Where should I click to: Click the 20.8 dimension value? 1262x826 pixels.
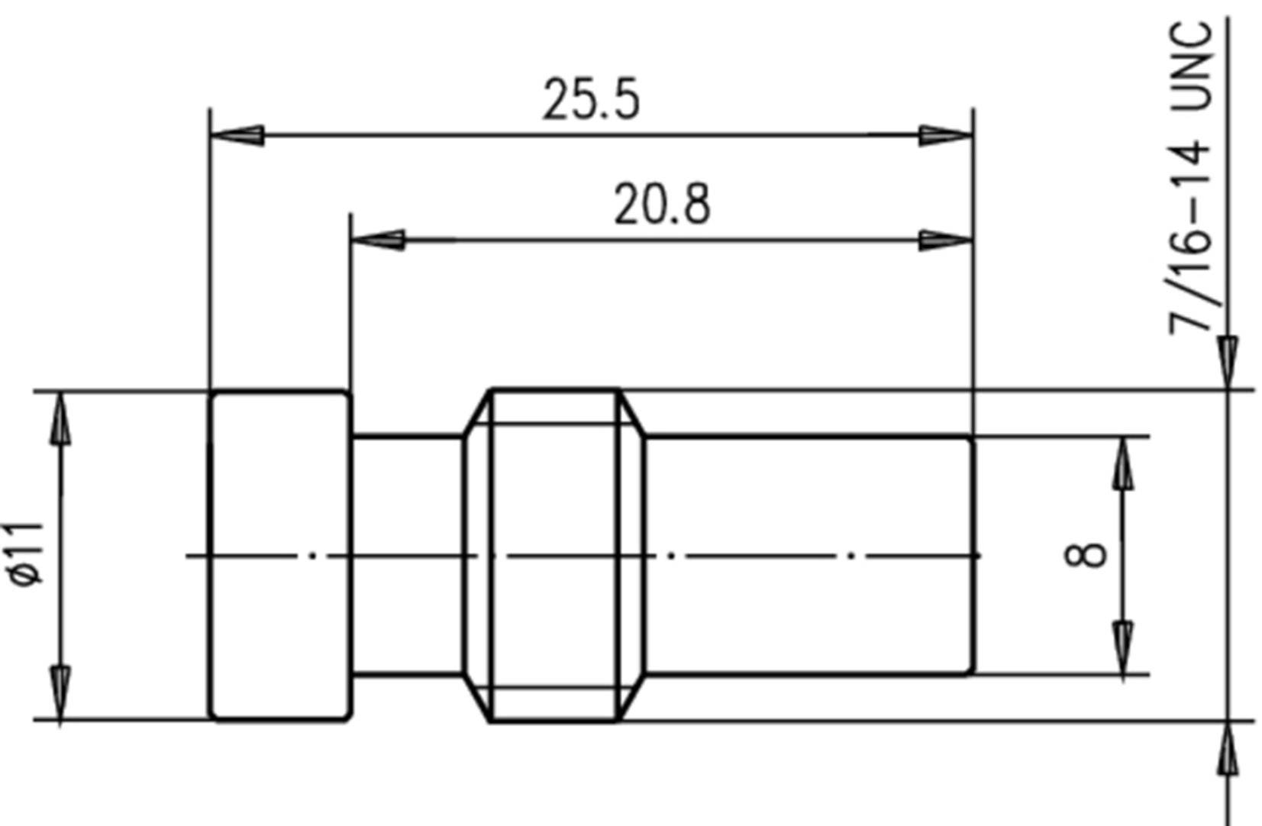tap(662, 205)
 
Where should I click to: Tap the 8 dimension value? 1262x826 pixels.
tap(1085, 554)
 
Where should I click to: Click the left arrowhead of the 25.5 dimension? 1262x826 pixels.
tap(237, 136)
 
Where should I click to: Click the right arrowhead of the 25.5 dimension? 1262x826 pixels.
tap(945, 136)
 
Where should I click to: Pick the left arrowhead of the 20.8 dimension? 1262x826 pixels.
tap(377, 240)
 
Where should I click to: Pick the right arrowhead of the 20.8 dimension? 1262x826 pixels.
tap(945, 240)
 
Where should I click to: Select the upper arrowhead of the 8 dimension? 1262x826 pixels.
tap(1122, 464)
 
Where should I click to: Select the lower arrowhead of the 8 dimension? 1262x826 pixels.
tap(1122, 647)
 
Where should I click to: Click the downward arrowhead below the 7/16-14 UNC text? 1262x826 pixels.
tap(1227, 363)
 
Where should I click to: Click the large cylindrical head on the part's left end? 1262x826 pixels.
tap(279, 555)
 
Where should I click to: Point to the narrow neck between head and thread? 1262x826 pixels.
tap(407, 555)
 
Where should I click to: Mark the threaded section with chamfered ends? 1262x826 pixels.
tap(554, 555)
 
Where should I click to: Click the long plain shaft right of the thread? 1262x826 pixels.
tap(809, 555)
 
